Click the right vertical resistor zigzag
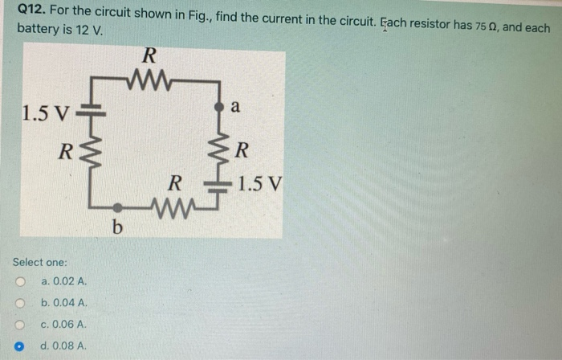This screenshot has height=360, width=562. (218, 149)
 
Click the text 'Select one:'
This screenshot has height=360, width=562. (40, 262)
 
